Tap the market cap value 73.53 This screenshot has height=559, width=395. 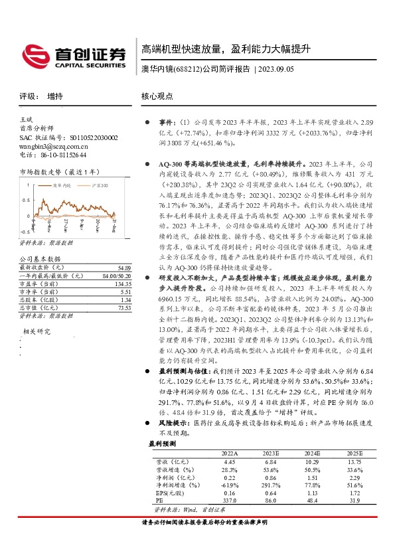click(116, 307)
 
